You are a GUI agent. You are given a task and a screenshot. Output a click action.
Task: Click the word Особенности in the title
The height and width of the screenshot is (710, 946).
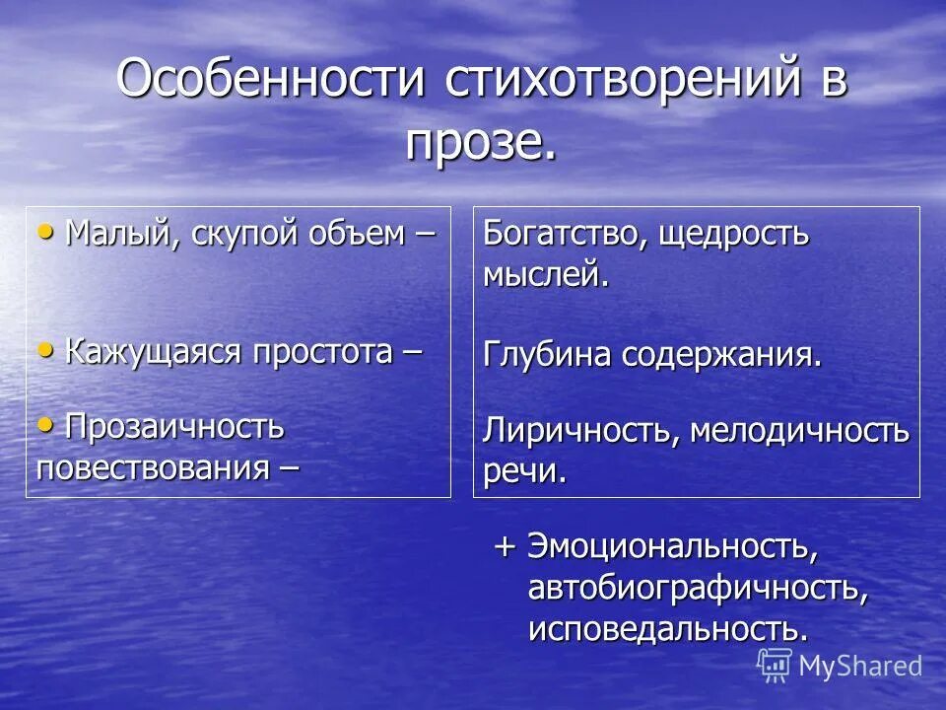(270, 79)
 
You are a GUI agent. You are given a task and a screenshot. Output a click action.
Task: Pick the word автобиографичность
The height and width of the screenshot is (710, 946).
(698, 588)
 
